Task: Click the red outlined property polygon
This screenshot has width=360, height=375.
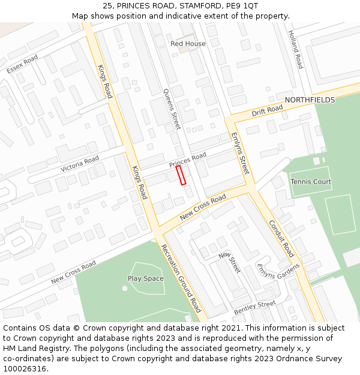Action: point(181,175)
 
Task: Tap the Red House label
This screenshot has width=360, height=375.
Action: point(188,44)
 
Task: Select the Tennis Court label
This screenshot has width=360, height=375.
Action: point(311,182)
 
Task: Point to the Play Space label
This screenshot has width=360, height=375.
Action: point(146,278)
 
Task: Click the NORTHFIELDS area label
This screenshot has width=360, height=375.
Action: point(310,100)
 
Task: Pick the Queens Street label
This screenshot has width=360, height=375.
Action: point(172,109)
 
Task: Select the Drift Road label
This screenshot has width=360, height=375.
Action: point(267,110)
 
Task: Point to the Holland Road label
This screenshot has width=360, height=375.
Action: point(295,49)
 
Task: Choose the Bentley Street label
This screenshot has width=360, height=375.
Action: point(254,308)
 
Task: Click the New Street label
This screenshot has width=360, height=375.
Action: point(229,262)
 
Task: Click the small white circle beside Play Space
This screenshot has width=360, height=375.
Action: point(125,288)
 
